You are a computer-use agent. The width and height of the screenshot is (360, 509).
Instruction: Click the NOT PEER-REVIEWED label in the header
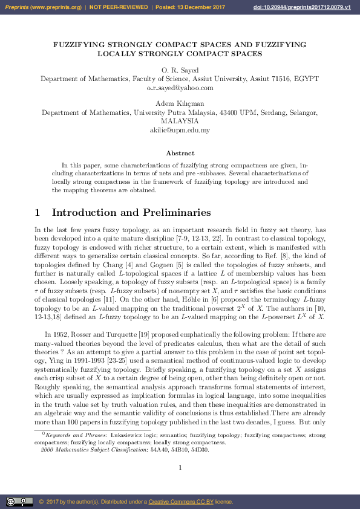(119, 7)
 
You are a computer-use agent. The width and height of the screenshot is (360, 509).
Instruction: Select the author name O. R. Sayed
(180, 71)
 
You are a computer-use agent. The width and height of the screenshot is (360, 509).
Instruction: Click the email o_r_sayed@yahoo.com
(180, 87)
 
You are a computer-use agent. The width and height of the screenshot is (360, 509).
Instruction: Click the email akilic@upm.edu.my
(180, 129)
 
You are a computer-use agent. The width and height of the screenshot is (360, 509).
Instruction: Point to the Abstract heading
(180, 154)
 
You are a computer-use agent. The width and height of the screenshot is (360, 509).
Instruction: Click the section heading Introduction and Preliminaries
(131, 213)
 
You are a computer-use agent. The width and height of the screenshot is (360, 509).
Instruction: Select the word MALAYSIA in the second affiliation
(180, 121)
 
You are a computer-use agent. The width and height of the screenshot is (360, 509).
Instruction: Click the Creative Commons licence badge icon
(19, 501)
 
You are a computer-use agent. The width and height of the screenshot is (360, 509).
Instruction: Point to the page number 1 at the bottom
(180, 467)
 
